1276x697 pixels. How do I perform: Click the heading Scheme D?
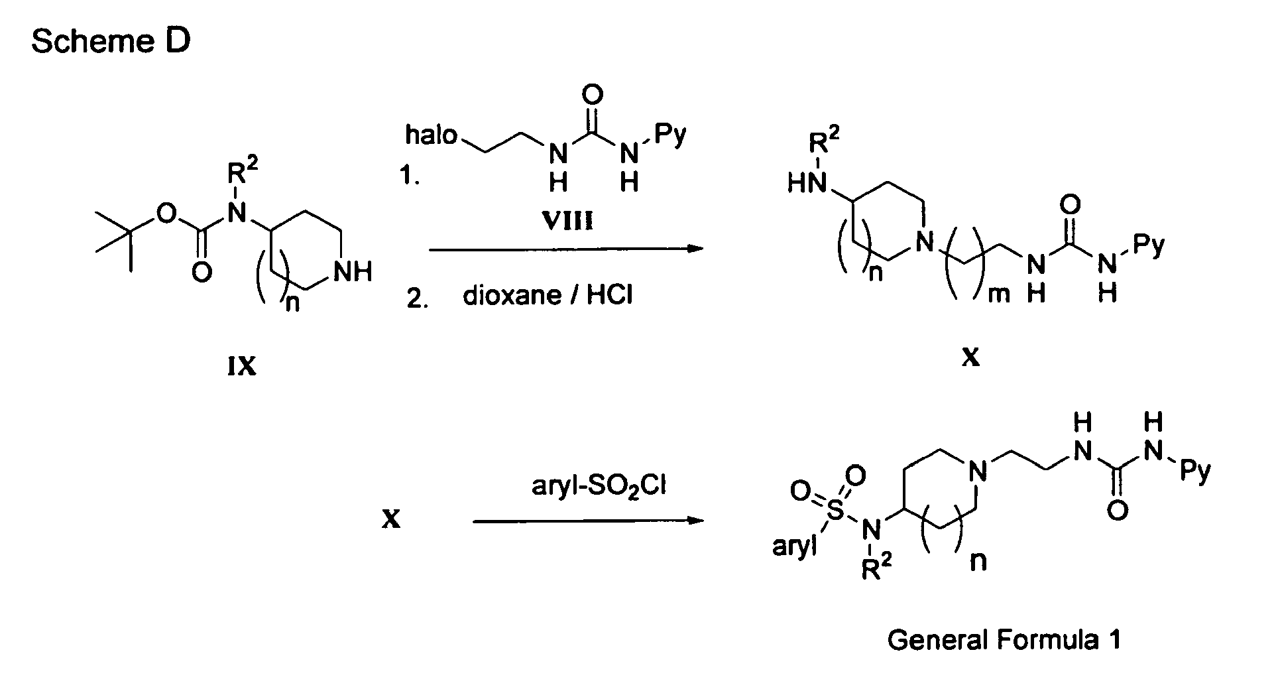pyautogui.click(x=111, y=42)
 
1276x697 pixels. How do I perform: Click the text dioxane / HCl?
pyautogui.click(x=548, y=295)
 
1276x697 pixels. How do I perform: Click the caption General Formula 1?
pyautogui.click(x=1004, y=641)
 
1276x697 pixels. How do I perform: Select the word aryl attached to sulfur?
pyautogui.click(x=794, y=548)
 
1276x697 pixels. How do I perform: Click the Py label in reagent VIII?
pyautogui.click(x=670, y=136)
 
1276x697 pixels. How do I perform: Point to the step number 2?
pyautogui.click(x=415, y=299)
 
